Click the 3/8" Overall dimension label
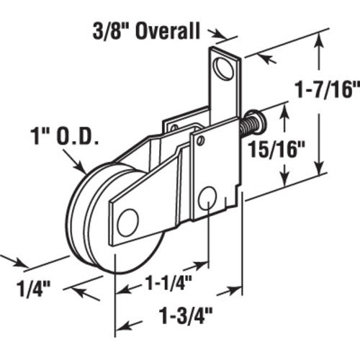(146, 31)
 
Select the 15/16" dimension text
(276, 149)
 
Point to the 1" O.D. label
(65, 136)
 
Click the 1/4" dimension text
(34, 289)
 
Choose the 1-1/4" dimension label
(168, 282)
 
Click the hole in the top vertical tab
(224, 68)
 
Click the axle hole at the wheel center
(128, 222)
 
